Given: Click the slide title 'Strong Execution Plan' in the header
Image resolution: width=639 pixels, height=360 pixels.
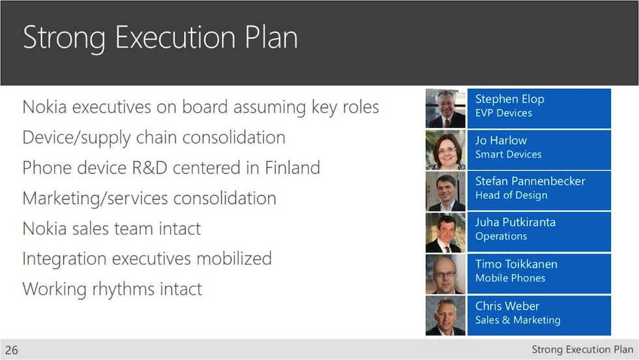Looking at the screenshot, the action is pos(160,38).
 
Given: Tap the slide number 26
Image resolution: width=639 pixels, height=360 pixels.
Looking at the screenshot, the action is pos(12,350).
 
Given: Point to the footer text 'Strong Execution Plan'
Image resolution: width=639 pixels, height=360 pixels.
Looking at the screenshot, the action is pos(582,350).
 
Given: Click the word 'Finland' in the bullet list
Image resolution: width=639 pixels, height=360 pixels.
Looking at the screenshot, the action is pos(292,168).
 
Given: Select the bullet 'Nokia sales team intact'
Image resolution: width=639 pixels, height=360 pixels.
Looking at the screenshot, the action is pos(111,228).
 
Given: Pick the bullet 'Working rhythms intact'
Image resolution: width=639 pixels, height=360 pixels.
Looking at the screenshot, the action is pos(112,289).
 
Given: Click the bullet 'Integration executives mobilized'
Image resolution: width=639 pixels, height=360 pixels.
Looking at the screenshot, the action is pos(147,258).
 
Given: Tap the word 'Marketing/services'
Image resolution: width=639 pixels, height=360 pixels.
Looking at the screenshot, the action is pos(95,198).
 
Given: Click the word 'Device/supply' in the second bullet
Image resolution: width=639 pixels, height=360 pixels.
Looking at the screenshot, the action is pos(77,138).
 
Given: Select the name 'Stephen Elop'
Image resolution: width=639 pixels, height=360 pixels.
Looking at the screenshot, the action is pos(509,99).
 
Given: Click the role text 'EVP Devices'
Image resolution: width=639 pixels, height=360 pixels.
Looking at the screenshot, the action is pos(503,113).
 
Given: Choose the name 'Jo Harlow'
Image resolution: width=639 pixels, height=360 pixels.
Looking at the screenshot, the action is pos(501,140).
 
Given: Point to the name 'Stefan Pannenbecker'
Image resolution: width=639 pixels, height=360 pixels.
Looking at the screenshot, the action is pos(529,181).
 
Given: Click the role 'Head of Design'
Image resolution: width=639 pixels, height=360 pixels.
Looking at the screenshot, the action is pos(511,195).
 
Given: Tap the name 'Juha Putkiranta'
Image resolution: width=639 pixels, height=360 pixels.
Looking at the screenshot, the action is pos(515,222).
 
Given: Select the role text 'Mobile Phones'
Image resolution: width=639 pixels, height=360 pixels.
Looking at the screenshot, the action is pos(510,278).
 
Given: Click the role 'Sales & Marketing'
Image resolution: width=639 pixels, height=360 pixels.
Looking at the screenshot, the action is pos(518,320).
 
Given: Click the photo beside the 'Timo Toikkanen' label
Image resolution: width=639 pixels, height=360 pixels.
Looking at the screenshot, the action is pos(445,274).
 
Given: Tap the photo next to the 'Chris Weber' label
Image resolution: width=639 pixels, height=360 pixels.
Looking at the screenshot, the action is pos(445,316).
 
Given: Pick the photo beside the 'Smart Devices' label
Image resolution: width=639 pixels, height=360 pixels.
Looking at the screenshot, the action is pos(445,150).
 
